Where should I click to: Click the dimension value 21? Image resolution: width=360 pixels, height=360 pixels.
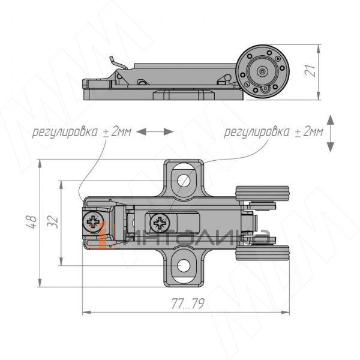pyautogui.click(x=310, y=70)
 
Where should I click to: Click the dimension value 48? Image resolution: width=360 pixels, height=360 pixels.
pyautogui.click(x=31, y=222)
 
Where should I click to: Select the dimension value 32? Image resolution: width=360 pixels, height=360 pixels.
pyautogui.click(x=53, y=221)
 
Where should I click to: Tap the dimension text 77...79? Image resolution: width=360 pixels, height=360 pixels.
pyautogui.click(x=188, y=304)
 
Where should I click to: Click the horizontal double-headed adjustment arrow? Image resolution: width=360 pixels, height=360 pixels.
pyautogui.click(x=155, y=132)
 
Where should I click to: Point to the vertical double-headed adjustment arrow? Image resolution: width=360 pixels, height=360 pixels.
pyautogui.click(x=330, y=133)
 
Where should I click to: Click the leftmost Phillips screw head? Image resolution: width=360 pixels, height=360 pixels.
pyautogui.click(x=93, y=222)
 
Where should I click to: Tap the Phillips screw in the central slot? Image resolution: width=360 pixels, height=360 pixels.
pyautogui.click(x=160, y=223)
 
